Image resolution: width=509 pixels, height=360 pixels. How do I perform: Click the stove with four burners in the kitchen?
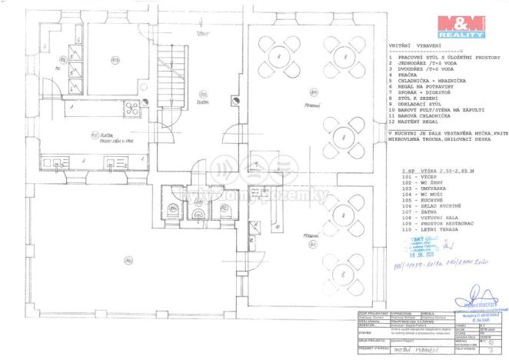click(x=130, y=106)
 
